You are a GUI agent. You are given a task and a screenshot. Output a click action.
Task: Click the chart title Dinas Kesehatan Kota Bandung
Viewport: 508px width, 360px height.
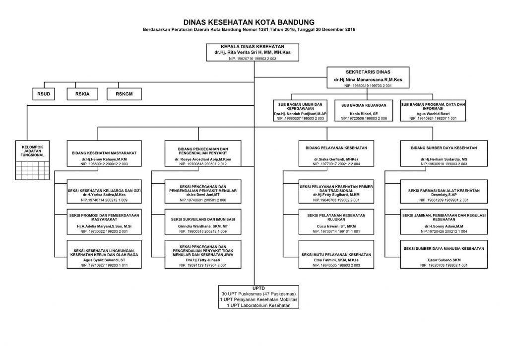[x=249, y=22]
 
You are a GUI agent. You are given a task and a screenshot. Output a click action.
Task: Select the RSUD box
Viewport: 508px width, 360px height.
[x=44, y=94]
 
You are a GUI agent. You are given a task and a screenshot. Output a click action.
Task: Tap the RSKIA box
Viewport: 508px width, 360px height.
[x=82, y=94]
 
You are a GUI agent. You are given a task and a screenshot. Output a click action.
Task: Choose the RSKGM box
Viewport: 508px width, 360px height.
[x=124, y=94]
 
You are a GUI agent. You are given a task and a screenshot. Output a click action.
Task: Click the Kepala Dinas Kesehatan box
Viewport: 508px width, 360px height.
[x=253, y=53]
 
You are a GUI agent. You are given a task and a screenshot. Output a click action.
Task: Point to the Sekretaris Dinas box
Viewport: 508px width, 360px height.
[x=368, y=77]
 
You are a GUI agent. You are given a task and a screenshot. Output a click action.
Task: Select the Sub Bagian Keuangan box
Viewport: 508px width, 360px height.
[x=364, y=111]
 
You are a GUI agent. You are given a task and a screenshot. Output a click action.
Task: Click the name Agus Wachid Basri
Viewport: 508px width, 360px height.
[x=433, y=114]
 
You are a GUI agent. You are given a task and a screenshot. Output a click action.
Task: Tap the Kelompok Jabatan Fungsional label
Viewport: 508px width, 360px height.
[x=32, y=151]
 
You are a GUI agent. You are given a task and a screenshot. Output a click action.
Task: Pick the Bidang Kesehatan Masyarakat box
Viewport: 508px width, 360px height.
[x=104, y=153]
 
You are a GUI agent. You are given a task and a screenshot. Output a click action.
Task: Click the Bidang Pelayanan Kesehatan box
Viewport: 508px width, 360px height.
[x=336, y=153]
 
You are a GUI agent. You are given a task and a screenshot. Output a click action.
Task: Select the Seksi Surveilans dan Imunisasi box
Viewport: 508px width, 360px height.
[x=203, y=222]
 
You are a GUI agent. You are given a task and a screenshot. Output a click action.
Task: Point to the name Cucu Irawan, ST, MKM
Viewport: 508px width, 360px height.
[x=336, y=226]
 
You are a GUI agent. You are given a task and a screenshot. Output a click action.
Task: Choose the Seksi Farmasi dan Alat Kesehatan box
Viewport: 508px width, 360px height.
[x=444, y=192]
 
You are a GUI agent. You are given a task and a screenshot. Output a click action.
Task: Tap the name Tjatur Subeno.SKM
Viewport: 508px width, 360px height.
[x=444, y=260]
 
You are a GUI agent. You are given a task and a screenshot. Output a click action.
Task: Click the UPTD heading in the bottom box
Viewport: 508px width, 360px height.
[x=258, y=288]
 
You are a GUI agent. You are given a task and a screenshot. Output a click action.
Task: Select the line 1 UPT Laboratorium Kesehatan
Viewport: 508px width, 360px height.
[x=258, y=305]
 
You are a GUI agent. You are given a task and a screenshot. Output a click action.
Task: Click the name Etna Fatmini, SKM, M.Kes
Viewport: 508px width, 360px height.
[x=336, y=260]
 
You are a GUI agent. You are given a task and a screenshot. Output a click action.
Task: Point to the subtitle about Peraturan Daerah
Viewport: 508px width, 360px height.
[x=249, y=29]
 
